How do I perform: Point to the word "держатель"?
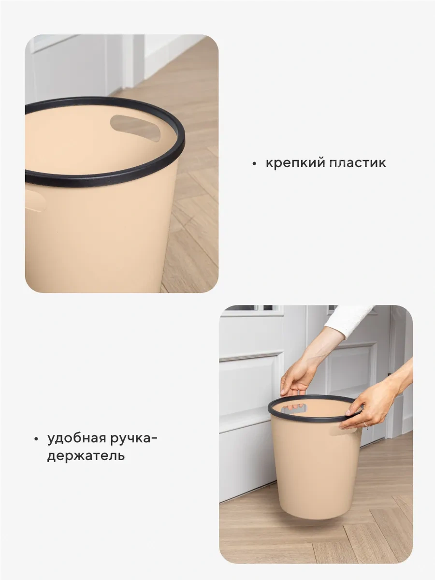86,455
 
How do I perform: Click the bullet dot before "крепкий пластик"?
254,164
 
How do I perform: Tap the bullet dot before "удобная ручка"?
36,439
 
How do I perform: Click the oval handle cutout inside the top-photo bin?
135,127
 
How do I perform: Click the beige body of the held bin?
314,464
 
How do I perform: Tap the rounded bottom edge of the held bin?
314,516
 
